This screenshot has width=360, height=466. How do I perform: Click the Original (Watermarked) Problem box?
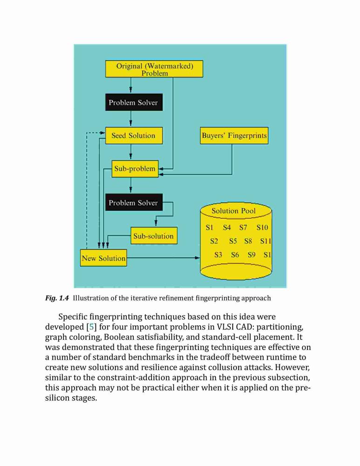(x=154, y=69)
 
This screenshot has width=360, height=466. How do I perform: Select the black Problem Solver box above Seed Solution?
(x=134, y=102)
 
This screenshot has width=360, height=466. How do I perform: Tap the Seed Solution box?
(x=134, y=136)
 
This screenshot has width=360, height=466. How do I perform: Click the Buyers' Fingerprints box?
(x=234, y=136)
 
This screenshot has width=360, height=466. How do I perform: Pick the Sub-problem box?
(x=135, y=169)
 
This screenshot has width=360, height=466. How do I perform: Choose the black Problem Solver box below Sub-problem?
(x=134, y=202)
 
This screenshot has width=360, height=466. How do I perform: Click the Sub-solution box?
(x=154, y=236)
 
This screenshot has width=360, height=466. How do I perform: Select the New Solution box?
(x=104, y=258)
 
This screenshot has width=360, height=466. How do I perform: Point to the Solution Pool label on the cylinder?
(x=234, y=211)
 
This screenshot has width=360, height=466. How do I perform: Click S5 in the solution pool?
(x=233, y=241)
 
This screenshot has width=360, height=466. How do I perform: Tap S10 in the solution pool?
(x=262, y=227)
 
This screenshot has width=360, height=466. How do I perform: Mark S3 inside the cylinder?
(x=218, y=255)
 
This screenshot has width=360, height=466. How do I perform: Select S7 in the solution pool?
(x=243, y=227)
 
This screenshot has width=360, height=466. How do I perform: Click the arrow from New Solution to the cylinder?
(x=163, y=258)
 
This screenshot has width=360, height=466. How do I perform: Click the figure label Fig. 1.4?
(x=57, y=298)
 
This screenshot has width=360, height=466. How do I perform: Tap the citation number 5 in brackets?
(x=92, y=327)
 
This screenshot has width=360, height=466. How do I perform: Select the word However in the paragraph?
(x=292, y=367)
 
